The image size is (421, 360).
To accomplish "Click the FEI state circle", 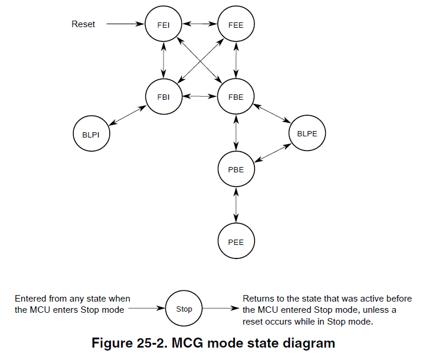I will point(164,25).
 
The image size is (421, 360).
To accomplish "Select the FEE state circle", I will point(236,25).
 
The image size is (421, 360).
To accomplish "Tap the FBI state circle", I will point(164,97).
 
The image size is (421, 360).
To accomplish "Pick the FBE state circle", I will point(236,97).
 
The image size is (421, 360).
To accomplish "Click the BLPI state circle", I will point(92,134).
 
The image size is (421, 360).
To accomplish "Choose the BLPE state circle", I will point(307,133).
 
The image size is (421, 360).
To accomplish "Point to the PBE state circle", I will point(236,170).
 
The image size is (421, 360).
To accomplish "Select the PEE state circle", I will point(236,242).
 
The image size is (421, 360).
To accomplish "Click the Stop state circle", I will point(184,309).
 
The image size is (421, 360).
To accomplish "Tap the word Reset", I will point(83,24).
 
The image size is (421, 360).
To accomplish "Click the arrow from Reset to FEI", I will point(126,25).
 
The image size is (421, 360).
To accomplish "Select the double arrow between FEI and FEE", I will point(200,24).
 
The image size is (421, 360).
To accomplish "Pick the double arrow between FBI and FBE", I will point(200,96).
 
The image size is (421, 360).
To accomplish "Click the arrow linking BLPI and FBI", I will point(128,115).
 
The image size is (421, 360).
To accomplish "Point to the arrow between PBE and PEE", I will point(236,206).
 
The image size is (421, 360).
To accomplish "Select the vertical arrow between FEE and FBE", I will point(236,61).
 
